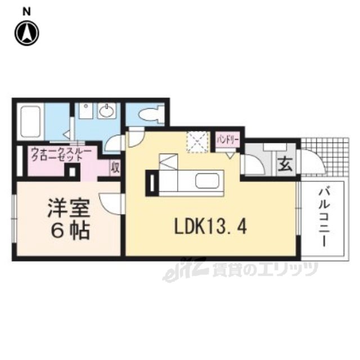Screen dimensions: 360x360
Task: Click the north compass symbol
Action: pos(27,34)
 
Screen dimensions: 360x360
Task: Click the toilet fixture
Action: pos(152,113)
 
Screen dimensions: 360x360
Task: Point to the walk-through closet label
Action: pos(61,155)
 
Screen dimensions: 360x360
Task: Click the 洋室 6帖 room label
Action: pos(69,219)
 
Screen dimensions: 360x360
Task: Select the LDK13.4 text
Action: pos(210,227)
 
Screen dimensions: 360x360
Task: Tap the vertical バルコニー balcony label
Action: pos(324,217)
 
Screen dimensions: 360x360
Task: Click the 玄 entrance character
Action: pos(285,165)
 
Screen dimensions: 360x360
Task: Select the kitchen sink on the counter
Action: pos(208,181)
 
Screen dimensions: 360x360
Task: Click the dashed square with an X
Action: pos(198,142)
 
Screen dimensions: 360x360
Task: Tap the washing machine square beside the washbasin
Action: pos(85,111)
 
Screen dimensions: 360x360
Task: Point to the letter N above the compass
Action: pos(27,12)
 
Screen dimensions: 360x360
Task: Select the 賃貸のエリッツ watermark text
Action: pos(265,269)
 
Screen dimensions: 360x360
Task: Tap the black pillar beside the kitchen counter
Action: pos(152,183)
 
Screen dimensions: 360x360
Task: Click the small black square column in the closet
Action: pos(73,172)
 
